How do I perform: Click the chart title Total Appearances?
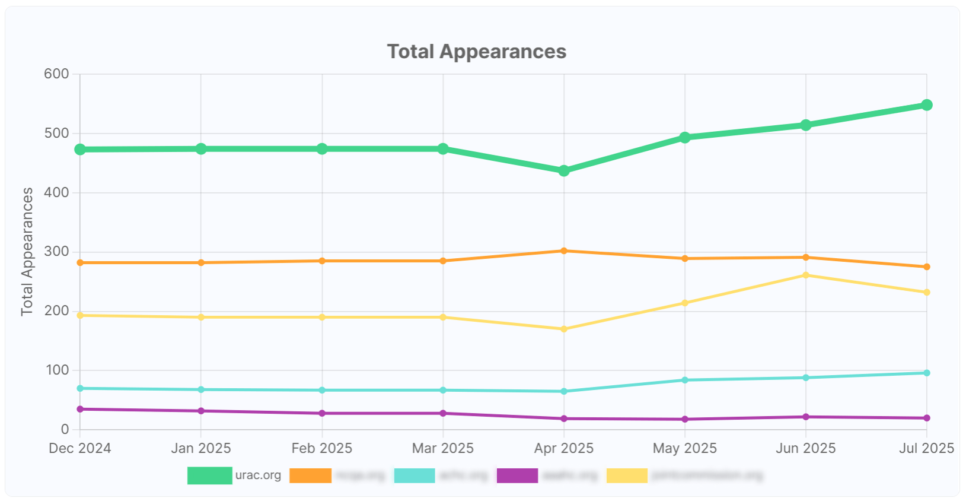[476, 52]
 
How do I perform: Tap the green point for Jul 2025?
[926, 105]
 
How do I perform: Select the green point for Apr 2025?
[564, 171]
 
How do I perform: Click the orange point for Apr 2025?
[564, 251]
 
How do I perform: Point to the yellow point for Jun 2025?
[805, 275]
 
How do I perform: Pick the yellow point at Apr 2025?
[564, 329]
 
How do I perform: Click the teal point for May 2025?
[685, 380]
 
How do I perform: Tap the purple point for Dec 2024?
[80, 409]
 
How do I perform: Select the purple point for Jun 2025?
[805, 417]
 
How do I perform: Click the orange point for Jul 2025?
[926, 267]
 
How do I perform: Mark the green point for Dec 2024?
[80, 150]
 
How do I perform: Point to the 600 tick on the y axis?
[56, 74]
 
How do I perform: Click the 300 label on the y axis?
[56, 252]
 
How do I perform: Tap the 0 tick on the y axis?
[65, 429]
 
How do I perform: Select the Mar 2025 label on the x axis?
[443, 448]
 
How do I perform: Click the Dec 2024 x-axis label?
[80, 448]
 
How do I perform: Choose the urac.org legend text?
[258, 475]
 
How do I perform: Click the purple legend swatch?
[517, 475]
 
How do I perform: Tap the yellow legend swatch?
[627, 475]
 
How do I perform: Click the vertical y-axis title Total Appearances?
[27, 252]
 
